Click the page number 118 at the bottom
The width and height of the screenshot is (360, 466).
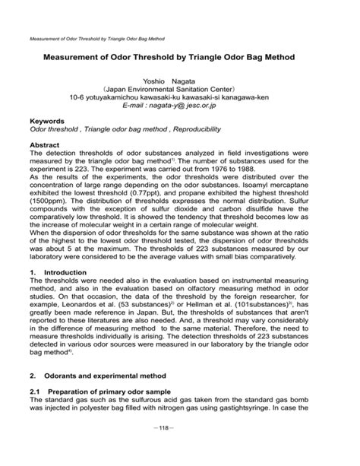point(179,449)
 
